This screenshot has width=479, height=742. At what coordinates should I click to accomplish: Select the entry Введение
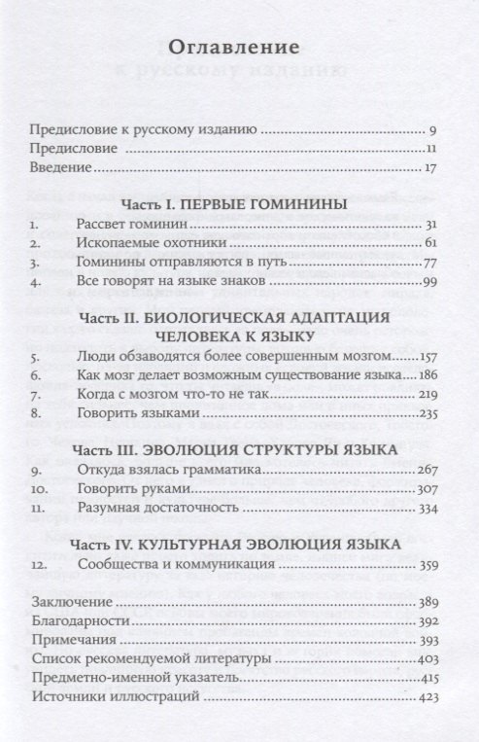[x=60, y=168]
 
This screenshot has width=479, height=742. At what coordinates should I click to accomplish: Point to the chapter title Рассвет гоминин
[x=126, y=226]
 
